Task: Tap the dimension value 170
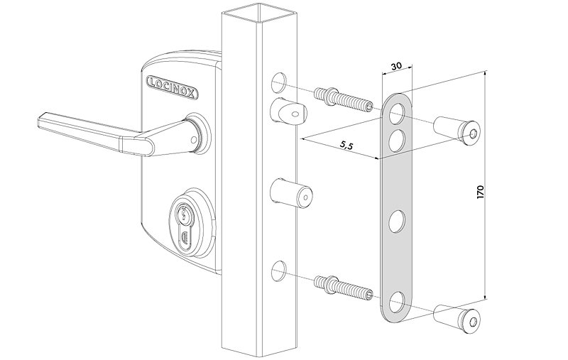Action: click(x=481, y=190)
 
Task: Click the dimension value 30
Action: click(x=395, y=66)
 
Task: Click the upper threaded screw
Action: click(x=344, y=99)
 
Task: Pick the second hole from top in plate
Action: click(x=397, y=138)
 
